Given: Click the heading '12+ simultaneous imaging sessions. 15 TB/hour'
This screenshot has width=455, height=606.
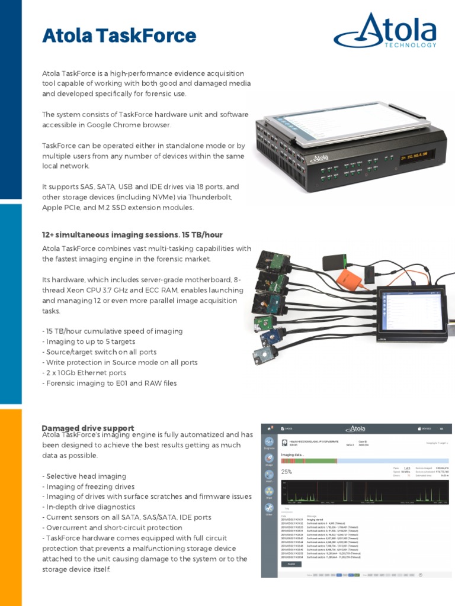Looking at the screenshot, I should (x=132, y=235).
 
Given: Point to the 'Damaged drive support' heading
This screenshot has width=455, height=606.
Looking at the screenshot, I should (x=88, y=428).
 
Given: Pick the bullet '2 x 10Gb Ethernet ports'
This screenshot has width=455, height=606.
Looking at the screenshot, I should (x=92, y=373).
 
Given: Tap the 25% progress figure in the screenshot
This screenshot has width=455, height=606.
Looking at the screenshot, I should (x=287, y=472).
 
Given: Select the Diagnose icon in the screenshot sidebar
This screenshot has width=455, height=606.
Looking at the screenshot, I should (x=269, y=443).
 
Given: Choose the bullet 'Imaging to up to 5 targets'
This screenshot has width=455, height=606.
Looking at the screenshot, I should (x=88, y=341).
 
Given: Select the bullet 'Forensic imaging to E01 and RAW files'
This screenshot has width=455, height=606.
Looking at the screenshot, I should (x=109, y=383).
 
